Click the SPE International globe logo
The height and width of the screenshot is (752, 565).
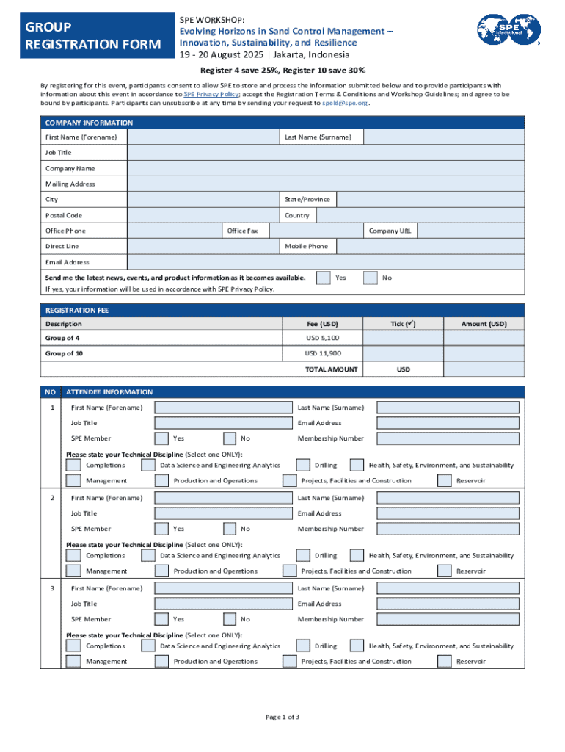tap(508, 31)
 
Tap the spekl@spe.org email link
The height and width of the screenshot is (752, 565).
tap(345, 104)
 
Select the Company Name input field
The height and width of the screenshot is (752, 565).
tap(326, 168)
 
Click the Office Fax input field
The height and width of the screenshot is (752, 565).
tap(316, 231)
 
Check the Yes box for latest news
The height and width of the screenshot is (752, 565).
tap(323, 278)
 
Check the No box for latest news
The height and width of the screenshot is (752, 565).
tap(371, 278)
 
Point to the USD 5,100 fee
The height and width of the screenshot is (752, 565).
tap(322, 338)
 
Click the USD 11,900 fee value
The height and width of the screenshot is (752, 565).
tap(322, 353)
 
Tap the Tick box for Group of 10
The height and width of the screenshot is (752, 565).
tap(403, 353)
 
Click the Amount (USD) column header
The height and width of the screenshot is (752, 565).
tap(484, 324)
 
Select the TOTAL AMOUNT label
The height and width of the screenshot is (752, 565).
tap(332, 369)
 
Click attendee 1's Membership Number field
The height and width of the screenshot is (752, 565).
tap(448, 438)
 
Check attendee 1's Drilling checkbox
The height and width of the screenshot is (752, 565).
tap(303, 465)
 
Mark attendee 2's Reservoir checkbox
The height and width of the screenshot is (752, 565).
tap(444, 571)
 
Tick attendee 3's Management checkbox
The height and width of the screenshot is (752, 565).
tap(73, 662)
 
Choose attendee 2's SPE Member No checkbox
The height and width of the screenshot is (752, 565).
tap(230, 529)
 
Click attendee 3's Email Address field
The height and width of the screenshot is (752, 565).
tap(448, 604)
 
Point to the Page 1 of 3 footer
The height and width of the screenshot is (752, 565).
tap(282, 717)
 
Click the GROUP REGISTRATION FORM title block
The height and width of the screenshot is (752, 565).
tap(92, 36)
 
